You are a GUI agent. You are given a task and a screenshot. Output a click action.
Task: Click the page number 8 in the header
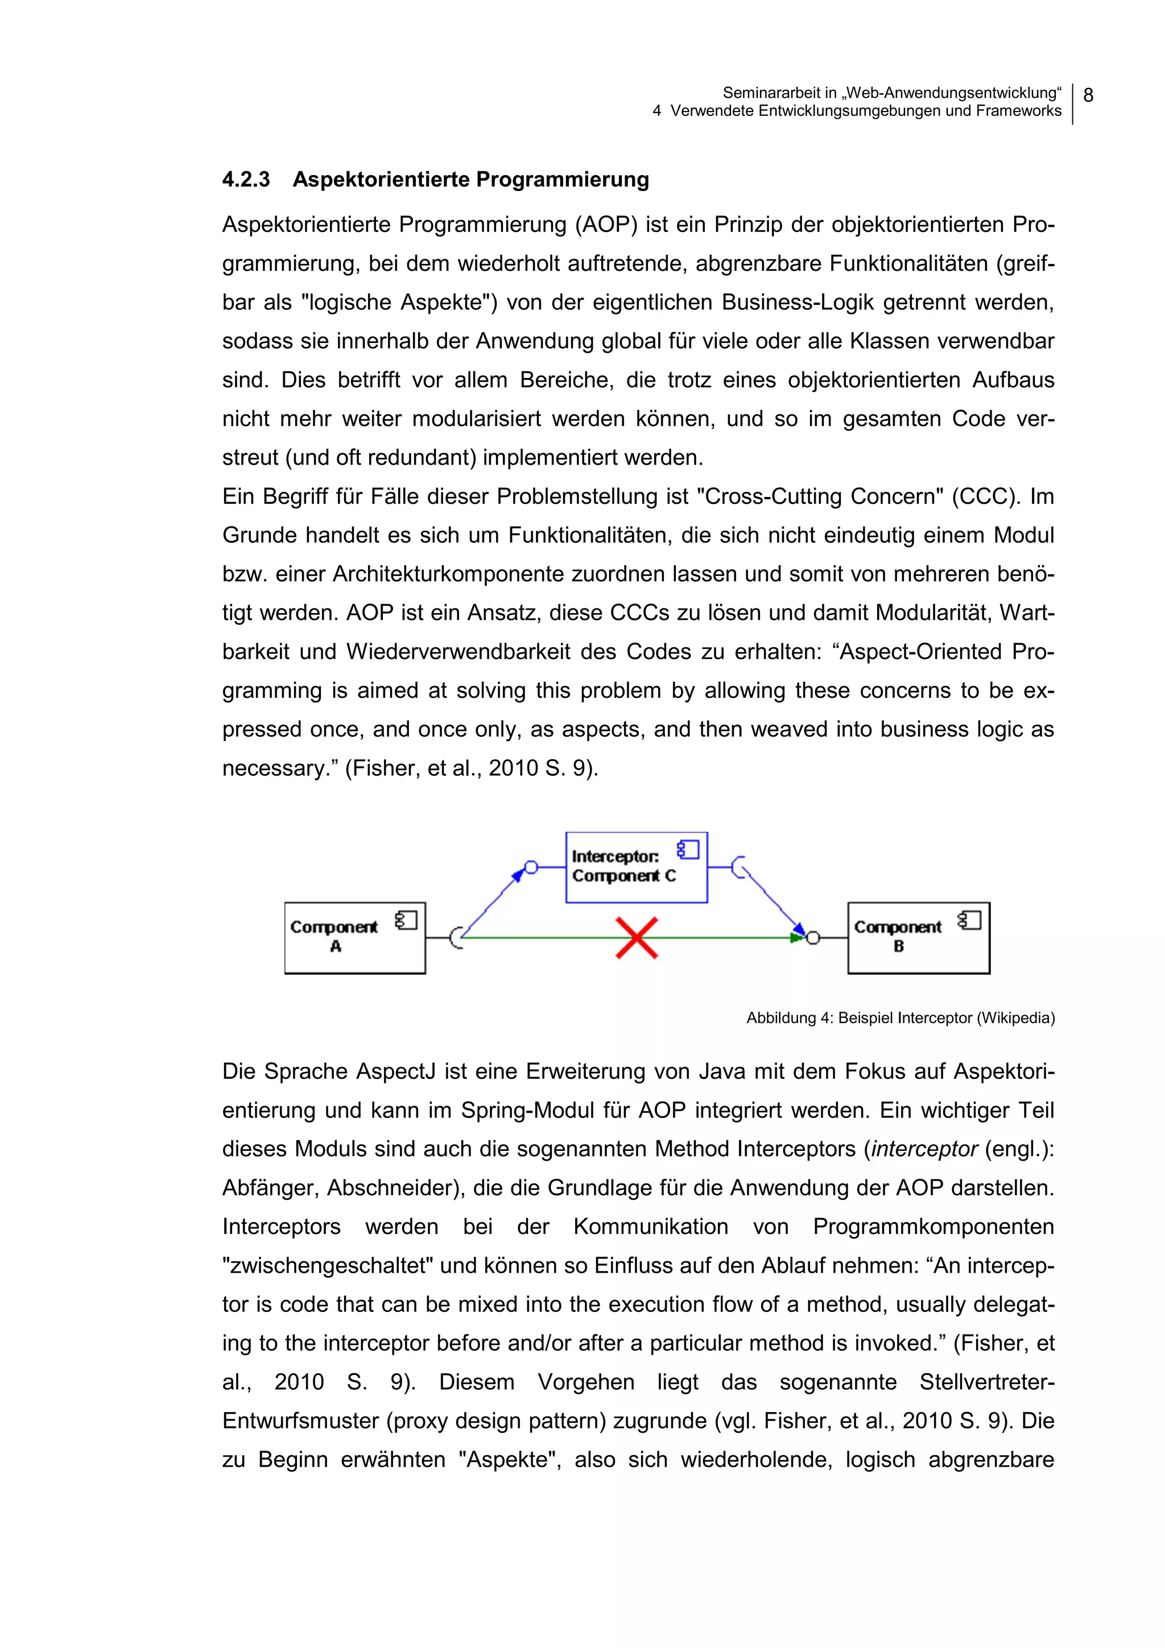click(x=1088, y=96)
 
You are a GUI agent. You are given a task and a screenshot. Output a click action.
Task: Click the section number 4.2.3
click(x=246, y=180)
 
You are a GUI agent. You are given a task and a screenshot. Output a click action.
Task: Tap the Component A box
click(x=354, y=937)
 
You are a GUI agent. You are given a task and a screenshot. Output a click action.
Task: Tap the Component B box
click(x=918, y=937)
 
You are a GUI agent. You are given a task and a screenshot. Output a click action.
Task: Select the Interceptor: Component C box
click(x=636, y=867)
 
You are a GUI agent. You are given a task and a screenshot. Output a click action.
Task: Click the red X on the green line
click(x=637, y=937)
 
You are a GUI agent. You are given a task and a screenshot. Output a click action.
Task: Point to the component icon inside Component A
click(x=406, y=920)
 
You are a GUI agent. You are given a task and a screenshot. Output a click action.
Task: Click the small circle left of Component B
click(x=812, y=937)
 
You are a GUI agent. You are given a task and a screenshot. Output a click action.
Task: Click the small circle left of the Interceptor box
click(x=531, y=867)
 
